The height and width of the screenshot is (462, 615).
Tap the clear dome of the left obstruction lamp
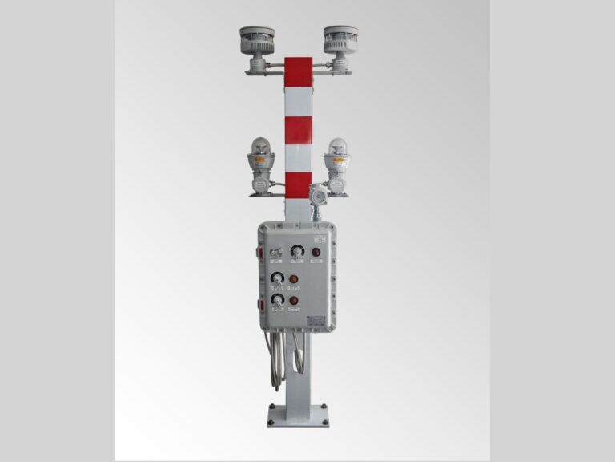coord(262,146)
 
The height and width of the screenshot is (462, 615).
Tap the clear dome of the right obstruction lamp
coord(336,147)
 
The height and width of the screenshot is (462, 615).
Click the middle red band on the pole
coord(298,129)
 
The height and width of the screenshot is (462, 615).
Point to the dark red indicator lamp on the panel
coord(316,253)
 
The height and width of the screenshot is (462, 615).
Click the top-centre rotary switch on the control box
coord(297,252)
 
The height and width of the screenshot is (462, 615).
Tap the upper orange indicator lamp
coord(294,280)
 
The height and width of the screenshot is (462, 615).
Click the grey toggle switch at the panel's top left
coord(276,253)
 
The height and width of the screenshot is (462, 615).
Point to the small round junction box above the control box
coord(318,195)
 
